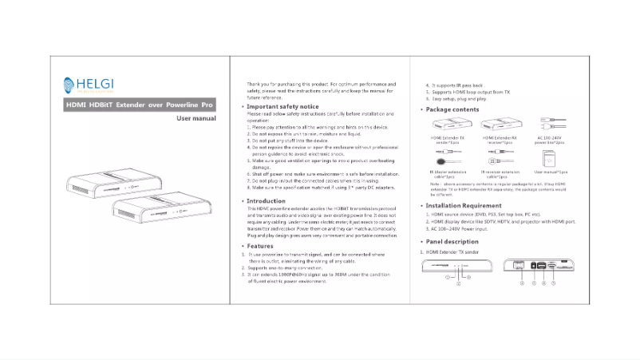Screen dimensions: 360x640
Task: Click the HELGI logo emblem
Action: (70, 85)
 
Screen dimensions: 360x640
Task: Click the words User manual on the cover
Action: (196, 118)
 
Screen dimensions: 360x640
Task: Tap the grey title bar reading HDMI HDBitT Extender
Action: (140, 105)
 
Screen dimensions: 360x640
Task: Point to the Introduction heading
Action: (266, 201)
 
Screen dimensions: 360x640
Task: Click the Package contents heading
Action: (452, 109)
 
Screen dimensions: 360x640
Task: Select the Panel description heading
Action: (452, 241)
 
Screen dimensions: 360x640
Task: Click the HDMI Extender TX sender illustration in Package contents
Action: (449, 125)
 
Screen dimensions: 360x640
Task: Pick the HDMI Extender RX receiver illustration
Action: (499, 125)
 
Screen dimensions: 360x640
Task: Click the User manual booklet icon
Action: (551, 158)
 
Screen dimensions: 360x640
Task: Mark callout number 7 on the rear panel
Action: (552, 283)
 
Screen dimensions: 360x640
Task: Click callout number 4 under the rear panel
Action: (521, 283)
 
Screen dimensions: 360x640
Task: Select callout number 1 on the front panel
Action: (447, 276)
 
